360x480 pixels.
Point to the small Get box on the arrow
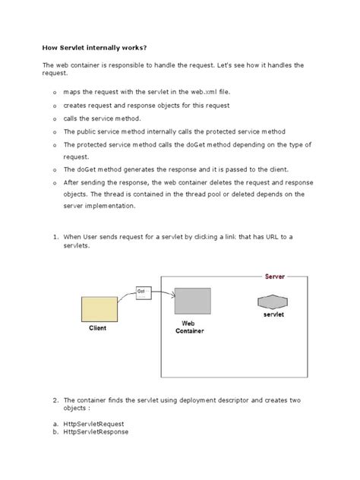[x=142, y=292]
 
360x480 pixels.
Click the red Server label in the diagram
[x=274, y=277]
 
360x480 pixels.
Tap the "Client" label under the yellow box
[x=98, y=328]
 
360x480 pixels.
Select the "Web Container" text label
[x=189, y=327]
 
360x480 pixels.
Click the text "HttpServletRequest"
[x=96, y=423]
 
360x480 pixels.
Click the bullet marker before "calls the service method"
[x=55, y=119]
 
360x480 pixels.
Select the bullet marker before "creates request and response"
[x=55, y=106]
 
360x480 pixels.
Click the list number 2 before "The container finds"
[x=55, y=399]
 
